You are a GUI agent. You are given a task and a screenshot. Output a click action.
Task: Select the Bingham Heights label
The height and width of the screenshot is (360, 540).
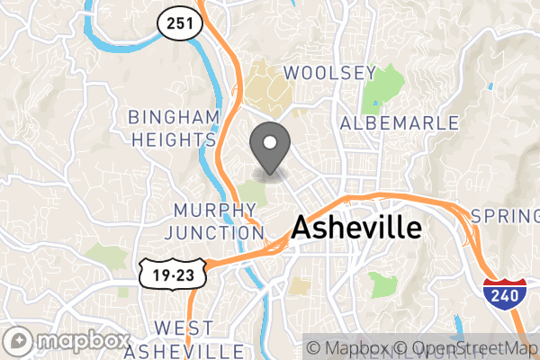coord(174,128)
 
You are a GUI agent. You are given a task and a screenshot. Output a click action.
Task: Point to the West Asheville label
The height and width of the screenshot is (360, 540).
coord(184,337)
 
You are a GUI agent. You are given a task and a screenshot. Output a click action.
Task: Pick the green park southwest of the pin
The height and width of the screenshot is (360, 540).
coord(252,192)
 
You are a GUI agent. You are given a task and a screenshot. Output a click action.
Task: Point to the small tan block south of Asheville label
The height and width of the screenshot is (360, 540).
coord(300,286)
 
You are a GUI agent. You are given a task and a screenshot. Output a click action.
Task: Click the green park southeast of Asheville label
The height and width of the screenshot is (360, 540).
coord(382,284)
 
